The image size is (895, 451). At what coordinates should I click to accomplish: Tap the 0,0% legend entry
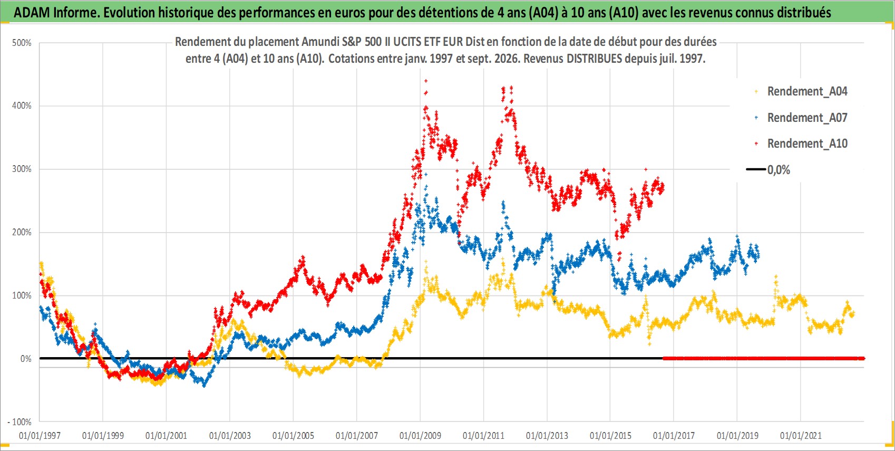pos(768,170)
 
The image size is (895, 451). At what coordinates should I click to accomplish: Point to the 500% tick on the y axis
pos(22,43)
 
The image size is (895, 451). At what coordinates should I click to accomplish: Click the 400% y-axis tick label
pos(22,106)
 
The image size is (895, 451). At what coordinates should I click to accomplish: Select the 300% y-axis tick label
pos(22,169)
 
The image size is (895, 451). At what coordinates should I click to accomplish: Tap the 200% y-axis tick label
pos(22,232)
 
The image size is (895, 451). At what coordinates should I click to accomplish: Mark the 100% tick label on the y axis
pos(22,295)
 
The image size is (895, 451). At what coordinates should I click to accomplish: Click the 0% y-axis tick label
pos(26,359)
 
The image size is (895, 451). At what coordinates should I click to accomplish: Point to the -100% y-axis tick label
pos(19,422)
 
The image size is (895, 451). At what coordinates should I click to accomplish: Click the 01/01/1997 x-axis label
pos(40,436)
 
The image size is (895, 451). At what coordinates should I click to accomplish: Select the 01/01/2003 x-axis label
pos(230,436)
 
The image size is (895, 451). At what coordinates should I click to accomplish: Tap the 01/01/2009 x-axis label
pos(420,436)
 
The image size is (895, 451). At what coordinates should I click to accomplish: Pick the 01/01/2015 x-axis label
pos(610,436)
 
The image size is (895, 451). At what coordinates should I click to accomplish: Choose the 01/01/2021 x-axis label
pos(801,436)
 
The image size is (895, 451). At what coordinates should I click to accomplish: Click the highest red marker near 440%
pos(426,81)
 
